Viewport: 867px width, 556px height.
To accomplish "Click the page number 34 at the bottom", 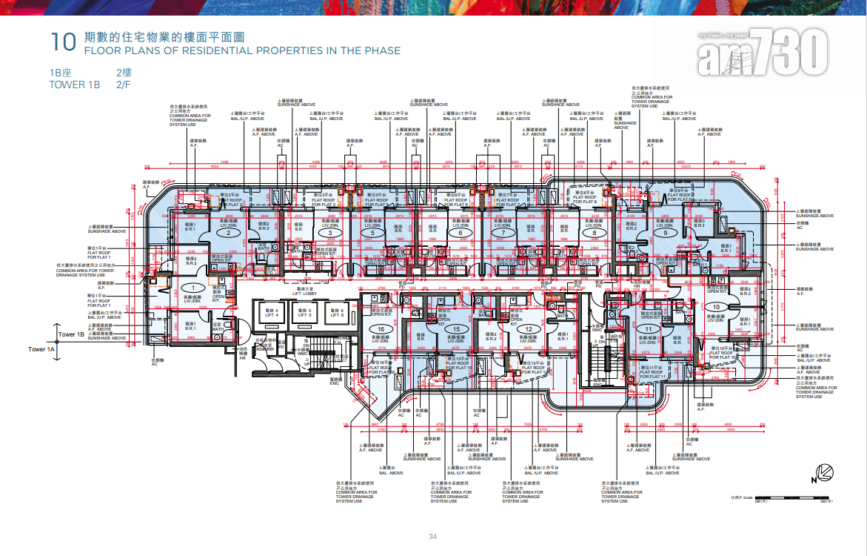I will (x=433, y=537).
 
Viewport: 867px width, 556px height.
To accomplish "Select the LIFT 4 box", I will (x=269, y=314).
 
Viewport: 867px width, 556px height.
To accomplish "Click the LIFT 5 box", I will (x=304, y=314).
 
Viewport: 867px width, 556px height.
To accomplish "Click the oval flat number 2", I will (x=229, y=234).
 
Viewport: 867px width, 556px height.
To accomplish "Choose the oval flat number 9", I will (x=666, y=234).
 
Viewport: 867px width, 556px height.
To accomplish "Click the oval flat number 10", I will (x=715, y=306).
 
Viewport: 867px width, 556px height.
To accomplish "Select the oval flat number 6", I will (x=460, y=234).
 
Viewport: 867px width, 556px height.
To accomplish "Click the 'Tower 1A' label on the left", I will (x=41, y=348).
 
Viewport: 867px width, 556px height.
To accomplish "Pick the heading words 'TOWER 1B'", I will (x=74, y=85).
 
